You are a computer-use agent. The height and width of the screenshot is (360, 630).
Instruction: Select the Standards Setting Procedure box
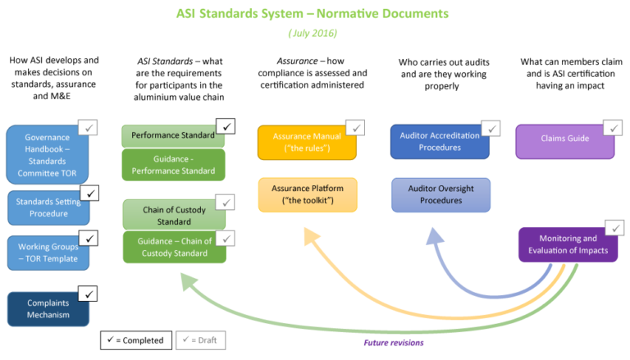click(48, 207)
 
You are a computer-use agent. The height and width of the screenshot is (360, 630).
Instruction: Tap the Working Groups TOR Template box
click(48, 253)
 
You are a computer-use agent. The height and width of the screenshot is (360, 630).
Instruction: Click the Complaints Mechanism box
click(47, 309)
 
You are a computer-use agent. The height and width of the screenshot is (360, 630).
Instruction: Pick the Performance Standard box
click(172, 135)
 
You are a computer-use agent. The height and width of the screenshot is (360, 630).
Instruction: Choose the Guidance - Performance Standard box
click(173, 165)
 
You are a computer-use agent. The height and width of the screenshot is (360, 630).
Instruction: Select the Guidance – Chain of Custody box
click(173, 248)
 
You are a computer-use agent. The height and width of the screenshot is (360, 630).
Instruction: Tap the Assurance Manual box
click(307, 143)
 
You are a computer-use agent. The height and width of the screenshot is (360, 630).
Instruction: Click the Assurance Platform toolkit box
click(308, 194)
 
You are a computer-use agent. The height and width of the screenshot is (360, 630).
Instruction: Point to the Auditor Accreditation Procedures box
click(440, 141)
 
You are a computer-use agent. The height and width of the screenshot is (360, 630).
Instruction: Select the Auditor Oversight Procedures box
click(441, 194)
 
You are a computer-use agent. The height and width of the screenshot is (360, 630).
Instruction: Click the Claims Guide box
click(565, 139)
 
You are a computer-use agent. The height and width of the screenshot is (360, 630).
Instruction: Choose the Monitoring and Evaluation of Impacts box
click(568, 244)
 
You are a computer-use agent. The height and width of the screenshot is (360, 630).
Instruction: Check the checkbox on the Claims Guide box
click(613, 127)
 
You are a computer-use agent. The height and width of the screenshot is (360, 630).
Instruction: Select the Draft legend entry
click(202, 339)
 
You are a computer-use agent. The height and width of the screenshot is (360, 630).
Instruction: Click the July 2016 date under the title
click(313, 34)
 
